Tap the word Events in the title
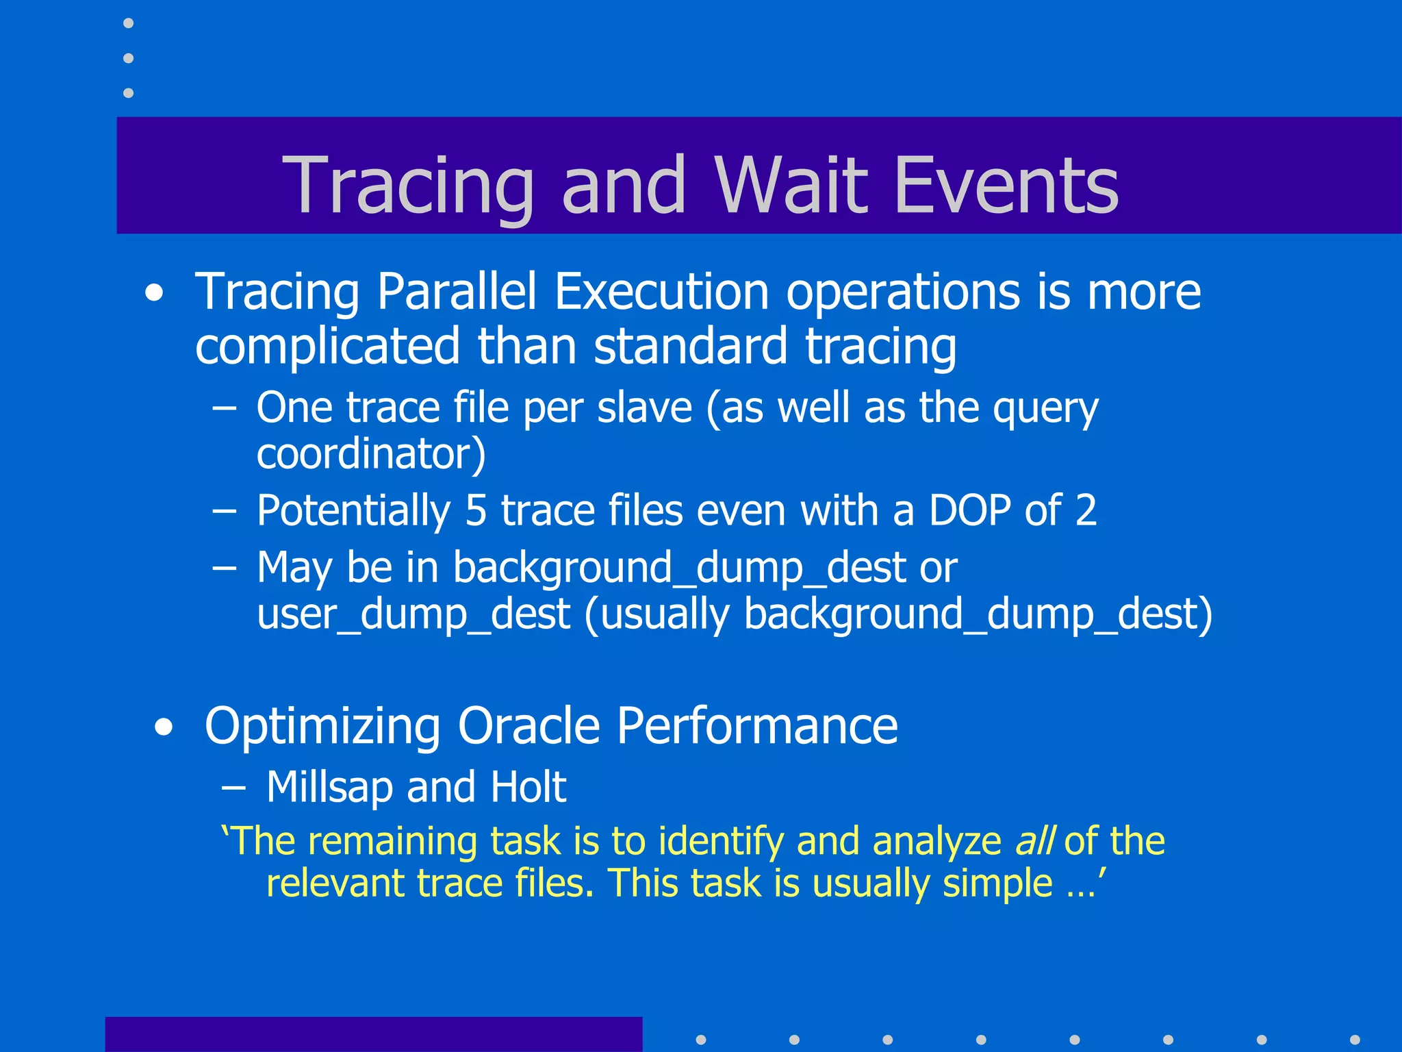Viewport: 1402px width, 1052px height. click(1006, 185)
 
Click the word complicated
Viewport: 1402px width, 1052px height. click(327, 347)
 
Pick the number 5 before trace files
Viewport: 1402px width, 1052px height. click(476, 511)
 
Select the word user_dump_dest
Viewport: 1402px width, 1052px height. click(413, 614)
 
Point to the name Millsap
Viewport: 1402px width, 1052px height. click(329, 787)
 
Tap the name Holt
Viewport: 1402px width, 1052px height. click(528, 787)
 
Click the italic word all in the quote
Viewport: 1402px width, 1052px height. click(1034, 841)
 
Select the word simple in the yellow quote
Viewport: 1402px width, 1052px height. click(997, 884)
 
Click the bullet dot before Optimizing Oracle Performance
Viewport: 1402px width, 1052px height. click(164, 728)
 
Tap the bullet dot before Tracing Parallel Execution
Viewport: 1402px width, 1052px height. click(155, 294)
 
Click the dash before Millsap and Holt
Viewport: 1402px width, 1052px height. click(233, 788)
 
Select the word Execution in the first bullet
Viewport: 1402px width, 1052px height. click(661, 292)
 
